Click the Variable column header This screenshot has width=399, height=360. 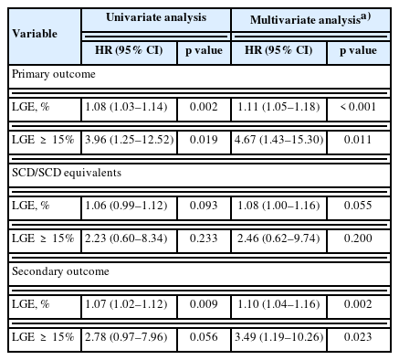(35, 34)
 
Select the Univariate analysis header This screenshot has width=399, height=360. (156, 17)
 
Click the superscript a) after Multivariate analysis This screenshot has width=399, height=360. (365, 16)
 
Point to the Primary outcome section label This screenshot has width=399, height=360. (54, 74)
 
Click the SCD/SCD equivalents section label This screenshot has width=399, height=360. (67, 173)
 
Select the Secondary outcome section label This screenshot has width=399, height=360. (60, 271)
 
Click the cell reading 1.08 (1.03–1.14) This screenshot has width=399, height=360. (126, 107)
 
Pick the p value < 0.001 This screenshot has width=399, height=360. (358, 107)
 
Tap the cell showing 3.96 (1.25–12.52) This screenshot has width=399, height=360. (130, 140)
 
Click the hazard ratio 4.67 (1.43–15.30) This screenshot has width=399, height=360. (279, 140)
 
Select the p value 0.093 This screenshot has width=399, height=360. (204, 206)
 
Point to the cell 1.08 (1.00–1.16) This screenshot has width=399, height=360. (278, 206)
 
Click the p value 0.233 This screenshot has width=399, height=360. (204, 238)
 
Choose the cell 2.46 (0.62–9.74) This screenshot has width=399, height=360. (278, 238)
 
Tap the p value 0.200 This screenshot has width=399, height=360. (358, 238)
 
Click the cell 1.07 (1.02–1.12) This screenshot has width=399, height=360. (126, 304)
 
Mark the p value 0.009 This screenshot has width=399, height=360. (204, 304)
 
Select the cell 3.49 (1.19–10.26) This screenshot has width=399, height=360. (279, 337)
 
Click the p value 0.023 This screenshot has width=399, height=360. (358, 337)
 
